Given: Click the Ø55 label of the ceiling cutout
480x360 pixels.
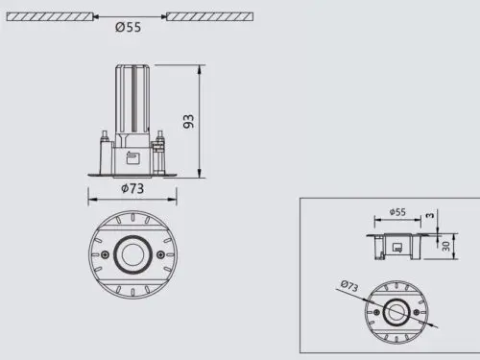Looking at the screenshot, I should (129, 28).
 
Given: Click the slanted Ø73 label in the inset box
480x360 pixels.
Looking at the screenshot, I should (348, 286).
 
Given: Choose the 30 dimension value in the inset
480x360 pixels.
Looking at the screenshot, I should (446, 245).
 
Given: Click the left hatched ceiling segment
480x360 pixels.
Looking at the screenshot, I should (48, 15).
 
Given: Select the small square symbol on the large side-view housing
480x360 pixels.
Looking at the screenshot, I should (133, 158).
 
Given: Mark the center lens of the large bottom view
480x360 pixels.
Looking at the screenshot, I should (132, 254).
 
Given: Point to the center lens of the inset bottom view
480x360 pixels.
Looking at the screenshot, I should (396, 312).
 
